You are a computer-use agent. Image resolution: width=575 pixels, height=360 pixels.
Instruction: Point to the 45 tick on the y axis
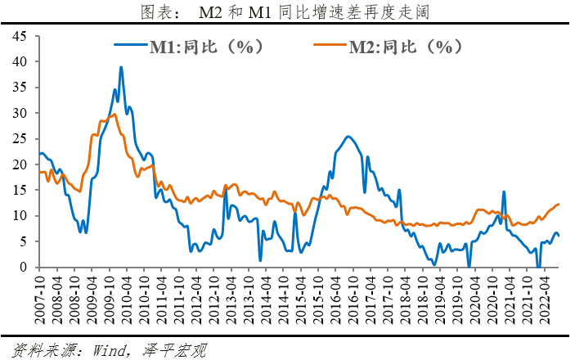tap(20, 36)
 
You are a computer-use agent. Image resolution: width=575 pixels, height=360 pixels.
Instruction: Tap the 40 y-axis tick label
tap(20, 61)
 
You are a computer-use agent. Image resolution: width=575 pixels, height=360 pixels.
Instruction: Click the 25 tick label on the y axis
tap(20, 138)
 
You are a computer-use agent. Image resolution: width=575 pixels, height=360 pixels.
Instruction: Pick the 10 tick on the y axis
tap(20, 216)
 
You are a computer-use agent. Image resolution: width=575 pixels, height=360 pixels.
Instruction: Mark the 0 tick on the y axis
tap(24, 268)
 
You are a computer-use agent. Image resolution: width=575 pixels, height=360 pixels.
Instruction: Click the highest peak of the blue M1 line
tap(121, 67)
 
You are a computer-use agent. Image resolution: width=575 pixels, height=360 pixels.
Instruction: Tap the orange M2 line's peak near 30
tap(113, 115)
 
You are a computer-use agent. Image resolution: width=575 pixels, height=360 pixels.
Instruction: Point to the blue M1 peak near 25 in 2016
tap(348, 137)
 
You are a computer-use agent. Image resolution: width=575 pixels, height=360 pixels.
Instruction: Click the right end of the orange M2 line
tap(559, 204)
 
